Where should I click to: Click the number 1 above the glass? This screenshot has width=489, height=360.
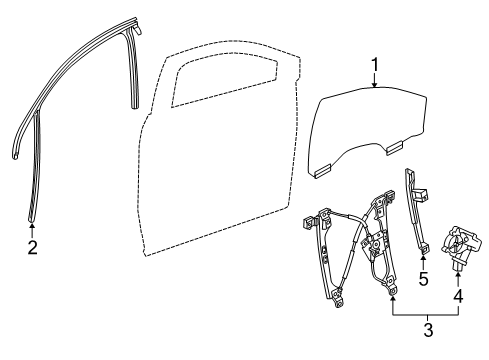pyautogui.click(x=375, y=69)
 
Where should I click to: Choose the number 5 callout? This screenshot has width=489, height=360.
pyautogui.click(x=423, y=279)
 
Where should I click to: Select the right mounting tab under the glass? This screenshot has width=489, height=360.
pyautogui.click(x=395, y=149)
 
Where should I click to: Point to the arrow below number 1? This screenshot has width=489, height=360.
pyautogui.click(x=375, y=85)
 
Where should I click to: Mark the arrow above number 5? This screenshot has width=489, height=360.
pyautogui.click(x=423, y=261)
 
